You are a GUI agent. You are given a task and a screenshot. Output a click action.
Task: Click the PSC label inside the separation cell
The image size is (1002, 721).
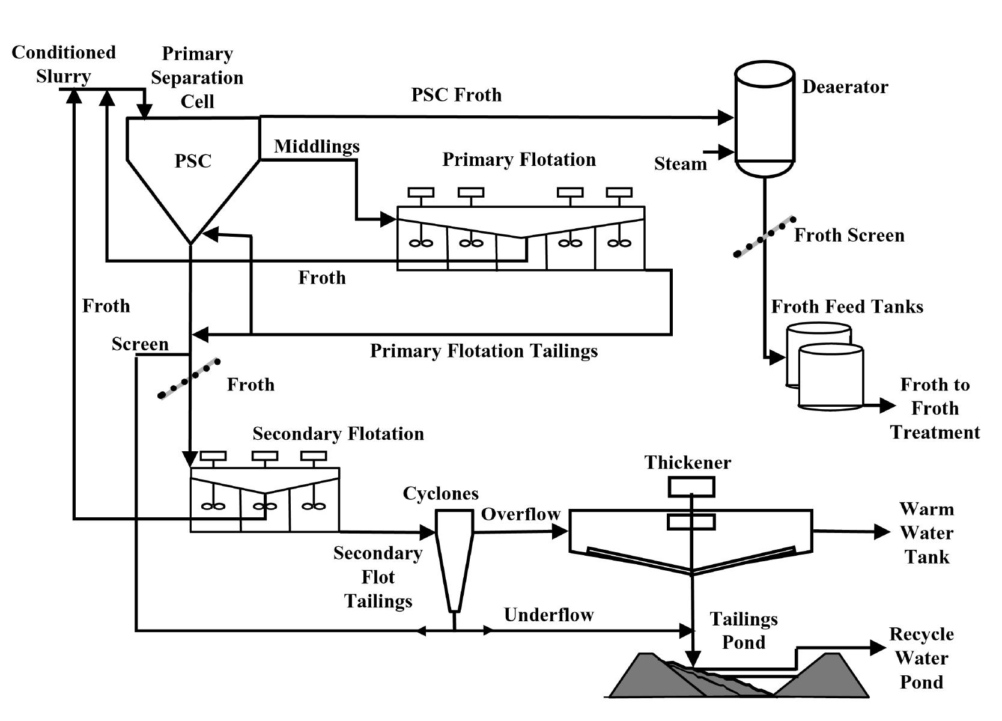pos(193,161)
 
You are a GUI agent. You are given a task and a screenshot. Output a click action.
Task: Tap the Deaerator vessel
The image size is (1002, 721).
pos(765,117)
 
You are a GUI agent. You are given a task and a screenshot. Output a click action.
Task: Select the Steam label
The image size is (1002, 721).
pos(680,164)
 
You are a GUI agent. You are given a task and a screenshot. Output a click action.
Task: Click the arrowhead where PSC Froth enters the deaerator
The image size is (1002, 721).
pos(726,117)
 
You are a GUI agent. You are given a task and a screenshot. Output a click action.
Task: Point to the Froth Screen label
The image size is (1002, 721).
pos(849,235)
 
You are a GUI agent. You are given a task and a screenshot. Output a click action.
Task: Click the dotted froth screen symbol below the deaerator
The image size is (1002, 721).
pos(764,238)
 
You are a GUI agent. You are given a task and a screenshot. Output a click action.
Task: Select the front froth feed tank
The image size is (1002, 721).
pos(830,377)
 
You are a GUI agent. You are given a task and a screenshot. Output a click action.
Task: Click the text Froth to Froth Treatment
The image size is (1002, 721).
pos(935,408)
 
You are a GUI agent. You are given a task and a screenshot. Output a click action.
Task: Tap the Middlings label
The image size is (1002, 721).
pos(317,146)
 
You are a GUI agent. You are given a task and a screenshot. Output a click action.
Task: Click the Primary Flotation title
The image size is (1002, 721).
pos(519,159)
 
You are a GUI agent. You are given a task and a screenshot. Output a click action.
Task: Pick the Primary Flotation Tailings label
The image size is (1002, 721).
pos(484,351)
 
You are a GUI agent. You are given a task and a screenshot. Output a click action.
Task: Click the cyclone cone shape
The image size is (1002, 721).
pos(454,559)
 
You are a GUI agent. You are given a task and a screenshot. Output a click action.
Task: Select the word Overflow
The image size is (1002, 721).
pos(520,514)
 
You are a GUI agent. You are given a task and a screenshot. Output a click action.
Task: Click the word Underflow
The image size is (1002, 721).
pos(548,615)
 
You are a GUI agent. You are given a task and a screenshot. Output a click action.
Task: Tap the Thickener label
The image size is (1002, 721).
pos(688,462)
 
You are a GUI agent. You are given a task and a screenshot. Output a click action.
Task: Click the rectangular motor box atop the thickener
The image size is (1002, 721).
pos(691,487)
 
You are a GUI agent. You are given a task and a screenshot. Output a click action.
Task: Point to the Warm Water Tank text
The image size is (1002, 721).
pos(926,533)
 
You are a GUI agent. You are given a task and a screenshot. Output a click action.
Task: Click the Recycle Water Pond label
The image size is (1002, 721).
pos(921,658)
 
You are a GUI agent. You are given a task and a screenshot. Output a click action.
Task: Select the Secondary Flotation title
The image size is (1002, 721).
pos(338,434)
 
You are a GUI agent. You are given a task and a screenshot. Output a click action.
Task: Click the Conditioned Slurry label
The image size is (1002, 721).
pos(64,64)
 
